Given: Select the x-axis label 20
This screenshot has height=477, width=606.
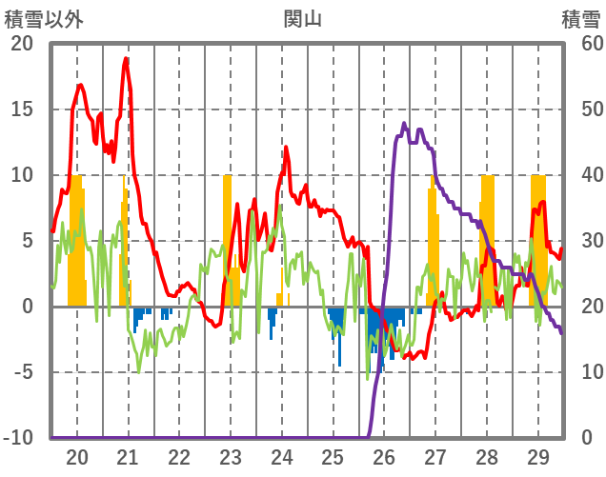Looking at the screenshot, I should pyautogui.click(x=77, y=457).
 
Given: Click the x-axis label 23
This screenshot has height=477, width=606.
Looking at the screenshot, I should pyautogui.click(x=231, y=457).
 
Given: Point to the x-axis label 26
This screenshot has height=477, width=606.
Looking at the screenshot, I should pyautogui.click(x=384, y=457).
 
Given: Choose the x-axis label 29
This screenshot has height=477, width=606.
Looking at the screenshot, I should pyautogui.click(x=537, y=457).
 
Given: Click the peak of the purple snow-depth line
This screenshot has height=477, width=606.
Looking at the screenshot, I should pyautogui.click(x=404, y=124).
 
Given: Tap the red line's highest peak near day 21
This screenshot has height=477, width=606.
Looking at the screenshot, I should pyautogui.click(x=126, y=59).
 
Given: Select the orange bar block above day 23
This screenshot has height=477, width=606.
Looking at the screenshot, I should pyautogui.click(x=228, y=238).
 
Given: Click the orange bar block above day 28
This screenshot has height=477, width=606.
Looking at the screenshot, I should pyautogui.click(x=487, y=238).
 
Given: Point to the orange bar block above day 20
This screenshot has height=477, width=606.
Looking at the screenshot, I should pyautogui.click(x=76, y=238).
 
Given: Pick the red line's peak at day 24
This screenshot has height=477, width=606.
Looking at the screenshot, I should pyautogui.click(x=286, y=147).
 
